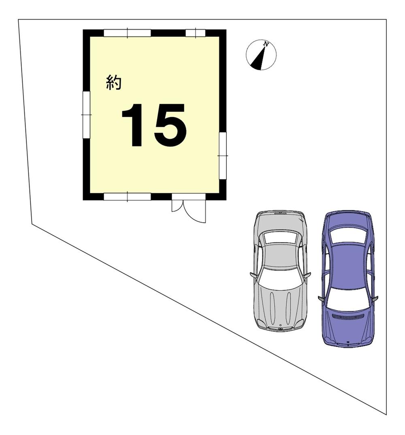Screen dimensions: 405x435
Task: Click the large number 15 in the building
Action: pos(154,125)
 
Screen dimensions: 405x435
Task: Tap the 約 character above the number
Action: pos(114,83)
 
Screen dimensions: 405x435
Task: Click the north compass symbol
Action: pos(261,55)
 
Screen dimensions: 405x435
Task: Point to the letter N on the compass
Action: pos(266,44)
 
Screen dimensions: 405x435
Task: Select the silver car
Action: pos(280,270)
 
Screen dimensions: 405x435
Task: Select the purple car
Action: pos(348,278)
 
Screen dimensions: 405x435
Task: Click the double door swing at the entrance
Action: pos(189,211)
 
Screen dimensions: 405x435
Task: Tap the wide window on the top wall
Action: pos(127,33)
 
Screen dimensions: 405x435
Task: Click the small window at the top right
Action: pos(196,33)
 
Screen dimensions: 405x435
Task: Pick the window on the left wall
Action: pos(87,115)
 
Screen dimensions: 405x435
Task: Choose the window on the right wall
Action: pos(223,156)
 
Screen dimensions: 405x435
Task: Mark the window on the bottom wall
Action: pos(127,197)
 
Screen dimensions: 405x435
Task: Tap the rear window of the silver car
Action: pos(281,238)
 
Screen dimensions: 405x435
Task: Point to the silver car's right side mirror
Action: pos(307,275)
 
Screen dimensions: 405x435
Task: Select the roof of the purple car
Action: pos(349,266)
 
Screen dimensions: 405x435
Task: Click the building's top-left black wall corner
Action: pos(87,33)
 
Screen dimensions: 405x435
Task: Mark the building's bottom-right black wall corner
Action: pos(223,197)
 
